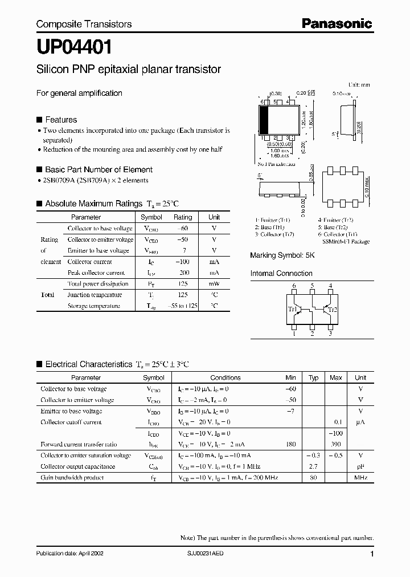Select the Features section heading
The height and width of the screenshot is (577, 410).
[x=60, y=120]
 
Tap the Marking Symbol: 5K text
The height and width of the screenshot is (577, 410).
[x=282, y=256]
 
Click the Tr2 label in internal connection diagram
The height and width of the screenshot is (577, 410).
[x=333, y=310]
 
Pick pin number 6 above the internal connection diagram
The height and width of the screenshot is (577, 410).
[x=294, y=286]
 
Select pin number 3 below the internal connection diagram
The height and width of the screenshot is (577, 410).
[x=330, y=334]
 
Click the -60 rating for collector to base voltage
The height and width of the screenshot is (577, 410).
[x=183, y=228]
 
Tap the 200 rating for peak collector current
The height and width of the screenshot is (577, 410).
[x=183, y=273]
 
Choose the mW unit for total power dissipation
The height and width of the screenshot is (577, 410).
[x=214, y=284]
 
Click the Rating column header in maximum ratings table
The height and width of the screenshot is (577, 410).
[x=183, y=217]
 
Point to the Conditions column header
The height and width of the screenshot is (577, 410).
[x=225, y=377]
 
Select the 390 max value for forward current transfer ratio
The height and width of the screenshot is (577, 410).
[x=336, y=444]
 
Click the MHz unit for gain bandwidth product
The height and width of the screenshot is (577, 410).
[x=360, y=478]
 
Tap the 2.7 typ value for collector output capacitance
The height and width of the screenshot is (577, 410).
[x=313, y=466]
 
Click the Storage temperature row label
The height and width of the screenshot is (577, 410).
[x=94, y=306]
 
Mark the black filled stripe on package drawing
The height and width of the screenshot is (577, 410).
[x=264, y=120]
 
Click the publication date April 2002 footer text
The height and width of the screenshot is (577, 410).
[x=69, y=554]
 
